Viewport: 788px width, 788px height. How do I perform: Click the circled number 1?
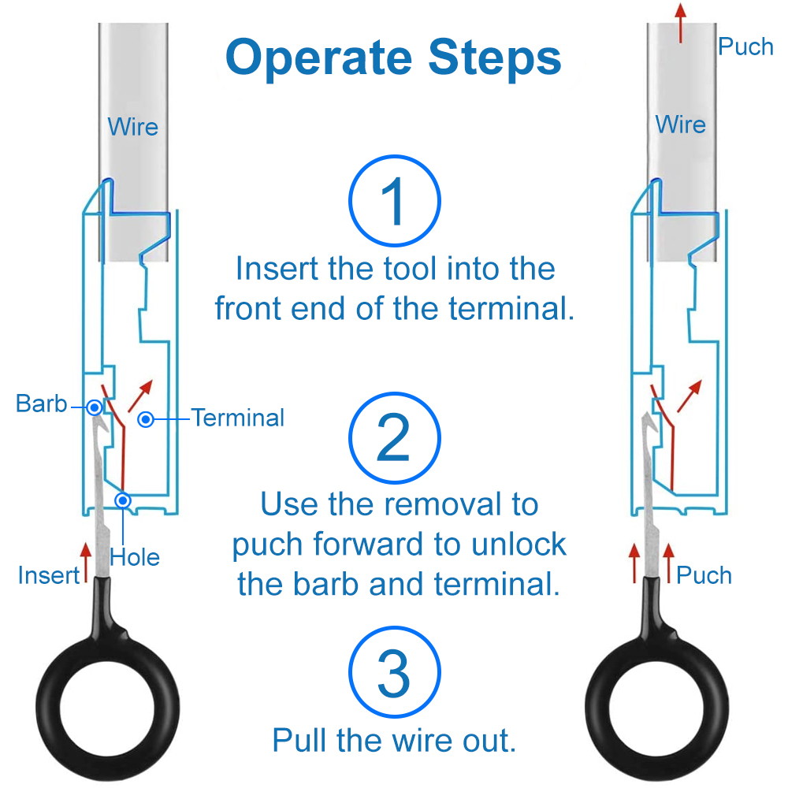click(394, 203)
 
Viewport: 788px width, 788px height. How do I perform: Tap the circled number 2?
click(394, 438)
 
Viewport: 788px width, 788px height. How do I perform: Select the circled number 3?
click(394, 675)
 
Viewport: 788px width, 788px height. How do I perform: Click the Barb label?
click(41, 404)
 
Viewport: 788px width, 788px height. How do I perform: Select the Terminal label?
click(237, 418)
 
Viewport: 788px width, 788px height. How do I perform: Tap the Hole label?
click(135, 557)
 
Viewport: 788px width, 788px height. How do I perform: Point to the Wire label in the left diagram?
click(132, 126)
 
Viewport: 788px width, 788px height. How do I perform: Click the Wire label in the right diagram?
click(681, 125)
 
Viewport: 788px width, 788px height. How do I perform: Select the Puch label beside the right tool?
click(704, 575)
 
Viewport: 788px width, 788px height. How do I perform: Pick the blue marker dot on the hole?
click(123, 500)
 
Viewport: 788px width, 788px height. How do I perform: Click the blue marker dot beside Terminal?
click(146, 419)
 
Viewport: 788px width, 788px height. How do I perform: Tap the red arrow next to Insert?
click(86, 562)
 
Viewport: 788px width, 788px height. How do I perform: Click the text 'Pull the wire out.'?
click(394, 741)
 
